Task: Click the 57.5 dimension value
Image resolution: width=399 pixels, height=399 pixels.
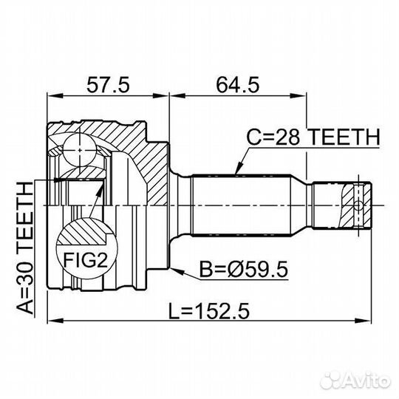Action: [108, 85]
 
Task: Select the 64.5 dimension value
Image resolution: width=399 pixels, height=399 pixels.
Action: [238, 85]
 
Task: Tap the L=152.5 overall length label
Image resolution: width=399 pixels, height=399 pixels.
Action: [209, 312]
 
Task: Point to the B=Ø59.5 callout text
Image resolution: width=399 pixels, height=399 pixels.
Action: [244, 270]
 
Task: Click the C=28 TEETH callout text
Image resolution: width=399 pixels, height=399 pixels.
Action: [313, 137]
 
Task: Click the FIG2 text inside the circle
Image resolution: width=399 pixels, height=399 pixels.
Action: [86, 260]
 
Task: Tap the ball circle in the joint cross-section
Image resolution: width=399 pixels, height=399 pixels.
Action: [80, 150]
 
